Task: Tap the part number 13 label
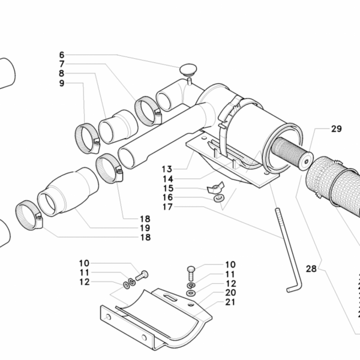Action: [166, 169]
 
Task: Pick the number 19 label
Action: [145, 229]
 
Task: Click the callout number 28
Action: [311, 269]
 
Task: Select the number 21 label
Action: [231, 302]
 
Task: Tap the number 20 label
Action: [231, 292]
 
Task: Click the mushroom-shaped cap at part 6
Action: [188, 70]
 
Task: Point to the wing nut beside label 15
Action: [215, 188]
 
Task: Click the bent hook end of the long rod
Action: [292, 289]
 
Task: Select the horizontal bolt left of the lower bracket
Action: [142, 276]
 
